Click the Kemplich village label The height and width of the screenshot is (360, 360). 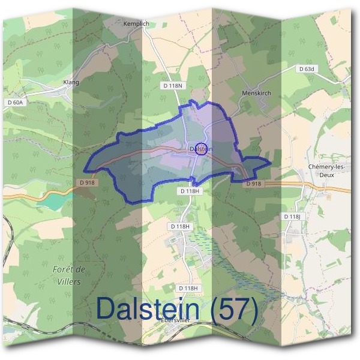136,23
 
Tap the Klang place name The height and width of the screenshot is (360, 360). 71,82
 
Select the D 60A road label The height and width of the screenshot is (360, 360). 16,103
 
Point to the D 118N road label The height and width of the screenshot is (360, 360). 172,86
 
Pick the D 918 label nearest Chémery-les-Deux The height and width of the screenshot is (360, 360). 254,184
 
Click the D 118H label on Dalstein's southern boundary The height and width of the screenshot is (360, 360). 190,190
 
